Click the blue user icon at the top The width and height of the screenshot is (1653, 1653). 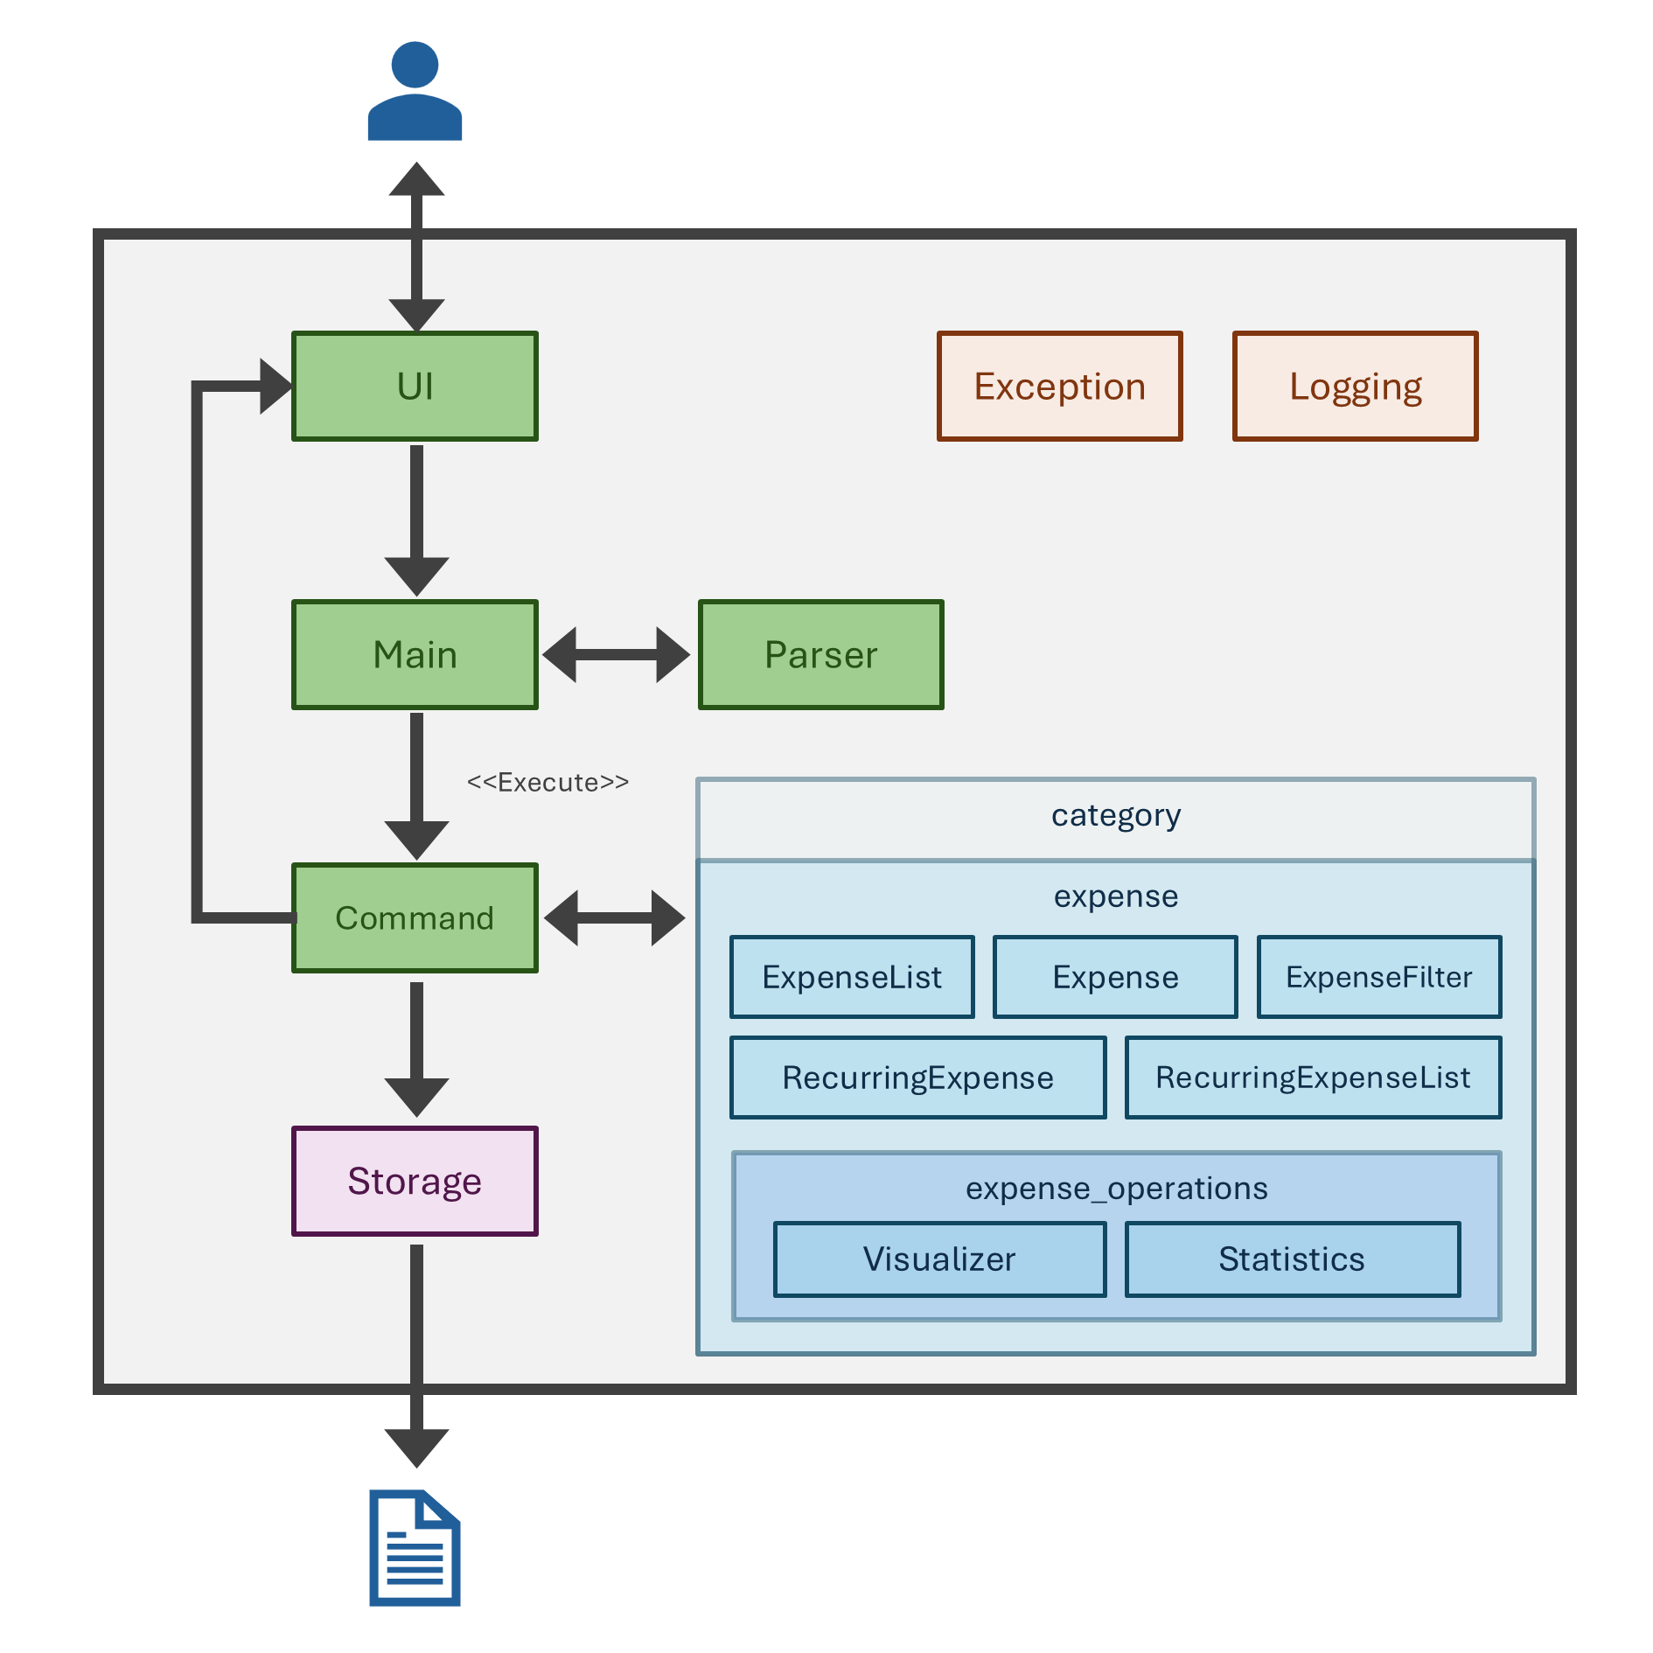[415, 92]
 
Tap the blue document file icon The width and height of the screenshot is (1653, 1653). [415, 1547]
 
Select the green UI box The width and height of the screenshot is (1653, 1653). [415, 386]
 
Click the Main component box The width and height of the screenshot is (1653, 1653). [415, 654]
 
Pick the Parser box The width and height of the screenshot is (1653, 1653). [820, 654]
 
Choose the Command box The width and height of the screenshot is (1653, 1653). [415, 917]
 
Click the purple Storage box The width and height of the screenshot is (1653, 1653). [415, 1181]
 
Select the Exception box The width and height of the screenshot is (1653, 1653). [1059, 386]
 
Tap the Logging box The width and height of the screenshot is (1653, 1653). [1355, 386]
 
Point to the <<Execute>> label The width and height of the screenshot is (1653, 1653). [548, 782]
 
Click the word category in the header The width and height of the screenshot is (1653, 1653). [1115, 815]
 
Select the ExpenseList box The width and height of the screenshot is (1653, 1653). [852, 977]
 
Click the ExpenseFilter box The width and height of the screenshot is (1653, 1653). [1378, 977]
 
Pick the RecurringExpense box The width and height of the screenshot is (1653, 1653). [917, 1078]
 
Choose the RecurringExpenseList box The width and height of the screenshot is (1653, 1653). [1313, 1078]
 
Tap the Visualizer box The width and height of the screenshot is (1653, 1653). [939, 1259]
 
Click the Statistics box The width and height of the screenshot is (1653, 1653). [1292, 1259]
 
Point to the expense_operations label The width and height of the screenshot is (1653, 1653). [1116, 1189]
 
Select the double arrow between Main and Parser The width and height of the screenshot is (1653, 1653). [617, 654]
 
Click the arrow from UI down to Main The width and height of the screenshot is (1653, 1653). [416, 516]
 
